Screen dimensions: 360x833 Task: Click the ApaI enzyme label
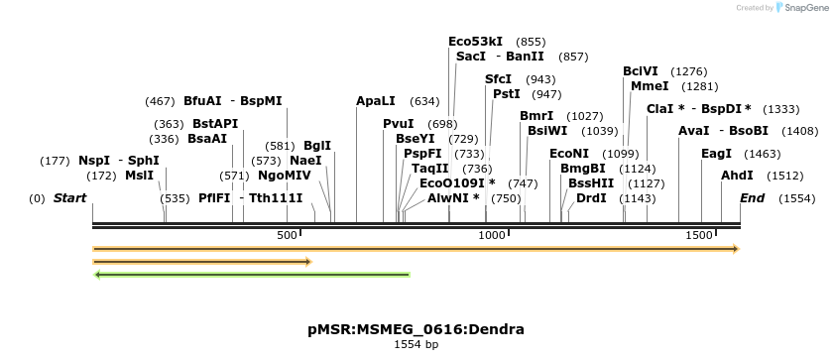pyautogui.click(x=376, y=101)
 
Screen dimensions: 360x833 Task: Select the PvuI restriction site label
pyautogui.click(x=399, y=124)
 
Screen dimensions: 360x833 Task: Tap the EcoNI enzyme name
pyautogui.click(x=569, y=154)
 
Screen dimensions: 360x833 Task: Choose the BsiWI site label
pyautogui.click(x=547, y=131)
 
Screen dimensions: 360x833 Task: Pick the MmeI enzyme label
pyautogui.click(x=649, y=86)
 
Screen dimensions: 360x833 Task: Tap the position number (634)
pyautogui.click(x=424, y=101)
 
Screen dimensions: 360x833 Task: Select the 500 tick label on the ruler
pyautogui.click(x=287, y=235)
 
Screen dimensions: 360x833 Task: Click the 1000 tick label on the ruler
pyautogui.click(x=493, y=235)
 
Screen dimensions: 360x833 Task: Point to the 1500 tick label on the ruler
pyautogui.click(x=700, y=235)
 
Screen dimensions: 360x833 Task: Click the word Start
pyautogui.click(x=70, y=198)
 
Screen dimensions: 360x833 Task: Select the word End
pyautogui.click(x=753, y=198)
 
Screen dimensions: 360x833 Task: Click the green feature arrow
pyautogui.click(x=252, y=275)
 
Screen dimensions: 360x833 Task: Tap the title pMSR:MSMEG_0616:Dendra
pyautogui.click(x=416, y=329)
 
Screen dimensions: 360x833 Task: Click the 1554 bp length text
pyautogui.click(x=416, y=345)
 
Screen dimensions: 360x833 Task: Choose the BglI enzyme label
pyautogui.click(x=317, y=146)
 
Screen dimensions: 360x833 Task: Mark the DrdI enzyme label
pyautogui.click(x=591, y=198)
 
